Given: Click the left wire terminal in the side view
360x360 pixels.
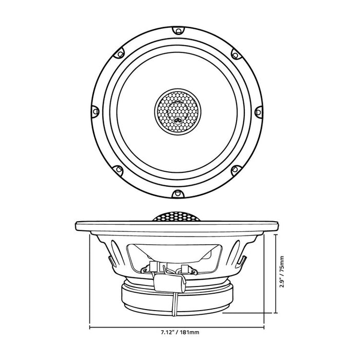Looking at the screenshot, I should pyautogui.click(x=153, y=266).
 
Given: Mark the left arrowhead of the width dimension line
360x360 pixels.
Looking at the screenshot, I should pyautogui.click(x=92, y=327).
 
